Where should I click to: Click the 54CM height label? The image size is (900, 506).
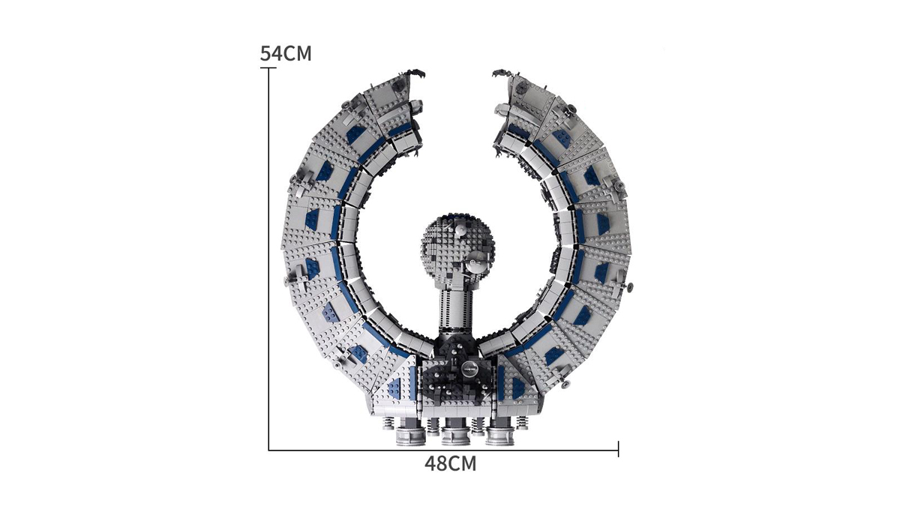[x=286, y=54]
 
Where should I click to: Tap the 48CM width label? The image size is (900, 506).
[x=451, y=464]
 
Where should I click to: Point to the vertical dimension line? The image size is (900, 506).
[x=268, y=259]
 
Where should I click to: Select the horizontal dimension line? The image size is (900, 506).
[x=443, y=451]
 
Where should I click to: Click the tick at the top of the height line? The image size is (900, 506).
[x=268, y=68]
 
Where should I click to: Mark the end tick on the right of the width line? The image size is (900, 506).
[x=618, y=448]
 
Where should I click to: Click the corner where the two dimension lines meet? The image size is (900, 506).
[x=268, y=451]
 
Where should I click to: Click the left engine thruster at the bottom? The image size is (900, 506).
[x=410, y=433]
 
